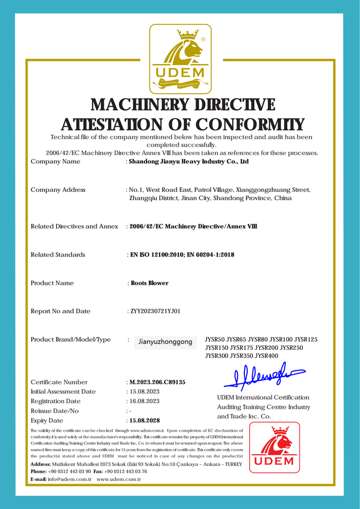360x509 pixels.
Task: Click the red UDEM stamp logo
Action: coord(274,447)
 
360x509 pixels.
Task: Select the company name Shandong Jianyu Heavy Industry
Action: coord(189,162)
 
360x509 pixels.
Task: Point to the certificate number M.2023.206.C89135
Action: coord(157,382)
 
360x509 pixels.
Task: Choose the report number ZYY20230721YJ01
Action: coord(155,311)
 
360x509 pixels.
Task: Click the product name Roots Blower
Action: coord(150,283)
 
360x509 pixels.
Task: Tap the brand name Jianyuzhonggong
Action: coord(165,342)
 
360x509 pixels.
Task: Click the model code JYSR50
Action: coord(215,339)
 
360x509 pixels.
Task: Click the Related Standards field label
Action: coord(58,255)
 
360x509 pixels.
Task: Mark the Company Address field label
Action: coord(58,190)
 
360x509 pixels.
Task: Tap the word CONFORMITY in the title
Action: coord(250,124)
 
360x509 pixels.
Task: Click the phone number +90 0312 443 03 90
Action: coord(69,471)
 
